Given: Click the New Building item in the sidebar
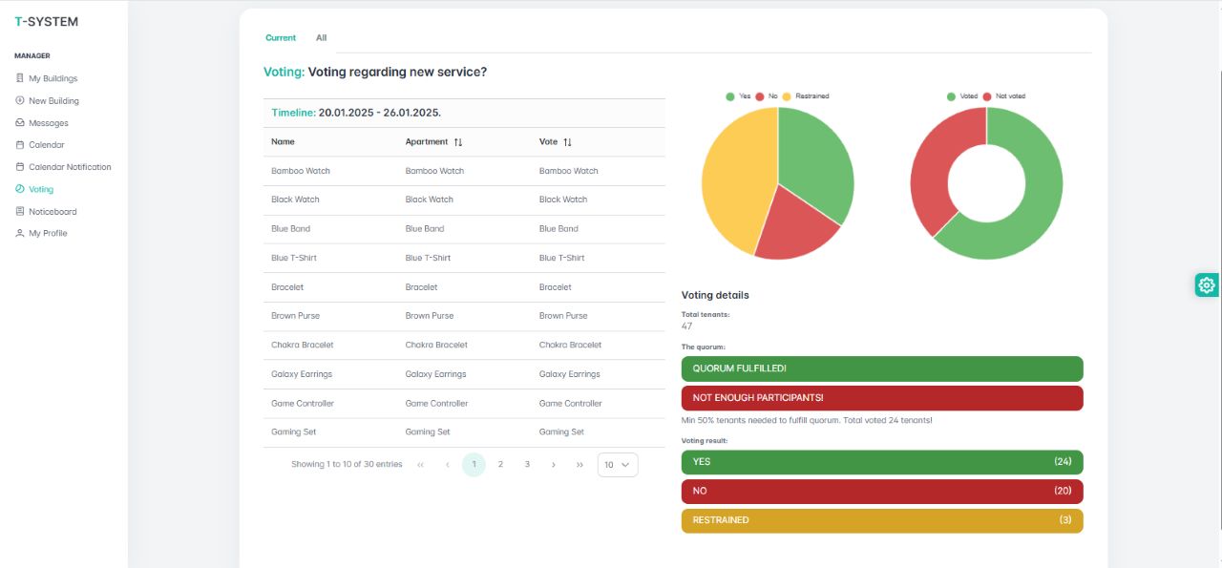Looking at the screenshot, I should [x=53, y=100].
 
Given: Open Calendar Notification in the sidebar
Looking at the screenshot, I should [x=70, y=167].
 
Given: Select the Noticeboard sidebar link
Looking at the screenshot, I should [x=53, y=212].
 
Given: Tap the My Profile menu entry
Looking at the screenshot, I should [x=48, y=233].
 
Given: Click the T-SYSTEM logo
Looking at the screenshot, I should [x=47, y=21].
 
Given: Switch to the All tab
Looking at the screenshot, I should [x=322, y=38].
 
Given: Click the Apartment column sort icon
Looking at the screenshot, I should [x=458, y=142].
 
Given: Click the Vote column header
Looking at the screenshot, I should [x=548, y=142].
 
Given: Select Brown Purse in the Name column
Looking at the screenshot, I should [x=296, y=316].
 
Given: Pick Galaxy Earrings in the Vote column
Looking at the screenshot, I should [x=570, y=374].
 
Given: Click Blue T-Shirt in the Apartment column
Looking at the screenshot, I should [x=428, y=258].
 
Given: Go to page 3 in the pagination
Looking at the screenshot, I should [x=527, y=465].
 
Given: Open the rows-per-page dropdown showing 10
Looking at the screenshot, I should [x=618, y=465].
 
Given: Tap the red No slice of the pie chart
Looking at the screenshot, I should [x=794, y=224].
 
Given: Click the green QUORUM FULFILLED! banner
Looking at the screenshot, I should [x=882, y=368].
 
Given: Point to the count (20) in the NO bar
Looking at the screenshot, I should [x=1062, y=491].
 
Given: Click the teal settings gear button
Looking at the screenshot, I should [x=1207, y=284].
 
